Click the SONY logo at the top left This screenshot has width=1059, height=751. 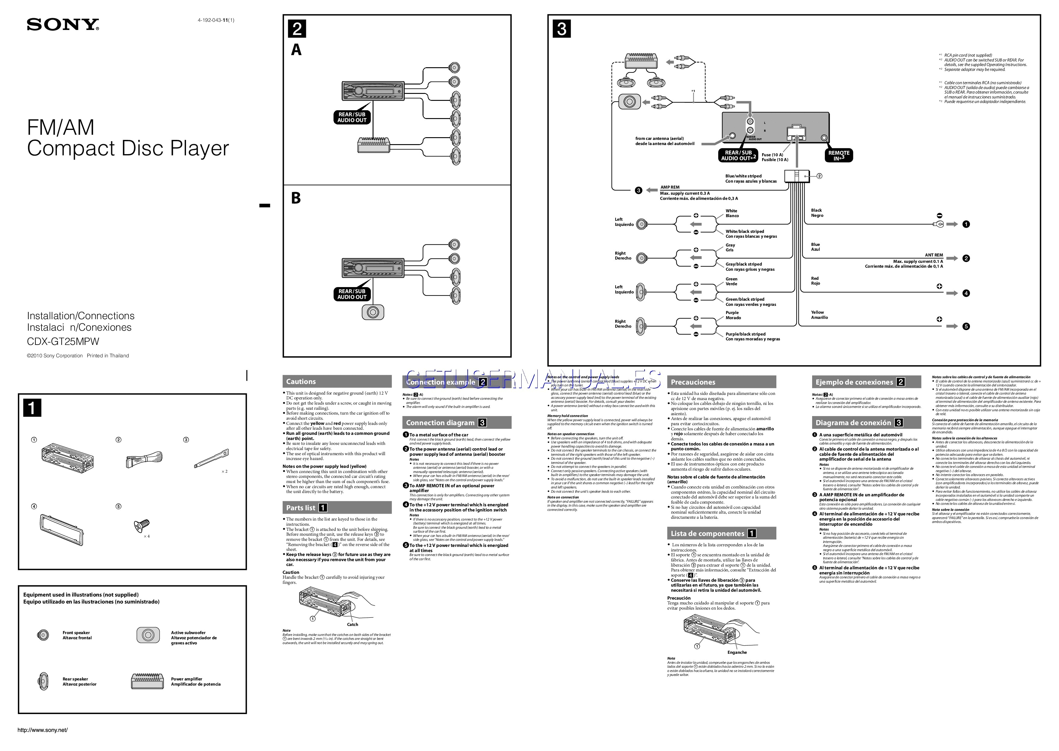(x=63, y=25)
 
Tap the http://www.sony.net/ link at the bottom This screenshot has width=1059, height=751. (x=42, y=730)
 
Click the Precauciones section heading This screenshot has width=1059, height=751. (x=693, y=382)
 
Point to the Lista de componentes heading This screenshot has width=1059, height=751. (x=708, y=533)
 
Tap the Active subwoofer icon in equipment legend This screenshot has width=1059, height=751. (x=148, y=635)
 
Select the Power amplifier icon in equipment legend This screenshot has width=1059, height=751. (x=148, y=681)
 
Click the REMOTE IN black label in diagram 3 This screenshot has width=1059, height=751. (x=838, y=155)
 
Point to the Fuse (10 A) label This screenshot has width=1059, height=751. (x=772, y=155)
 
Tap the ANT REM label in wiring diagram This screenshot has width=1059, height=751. (x=933, y=255)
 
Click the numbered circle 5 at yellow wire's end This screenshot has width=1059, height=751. (x=966, y=326)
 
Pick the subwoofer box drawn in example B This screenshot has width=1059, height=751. (x=372, y=312)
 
